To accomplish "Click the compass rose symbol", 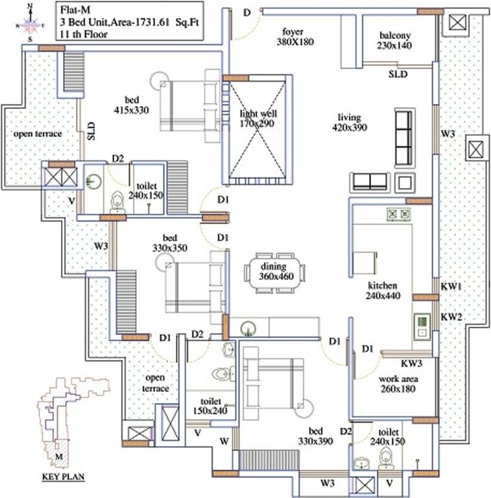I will pyautogui.click(x=29, y=25).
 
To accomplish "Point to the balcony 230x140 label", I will pyautogui.click(x=395, y=40).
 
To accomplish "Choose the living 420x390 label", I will pyautogui.click(x=352, y=123).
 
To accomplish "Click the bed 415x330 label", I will pyautogui.click(x=131, y=104).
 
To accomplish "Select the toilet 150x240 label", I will pyautogui.click(x=210, y=406).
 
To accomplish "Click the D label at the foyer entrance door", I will pyautogui.click(x=246, y=13).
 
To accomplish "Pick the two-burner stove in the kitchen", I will pyautogui.click(x=398, y=213).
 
